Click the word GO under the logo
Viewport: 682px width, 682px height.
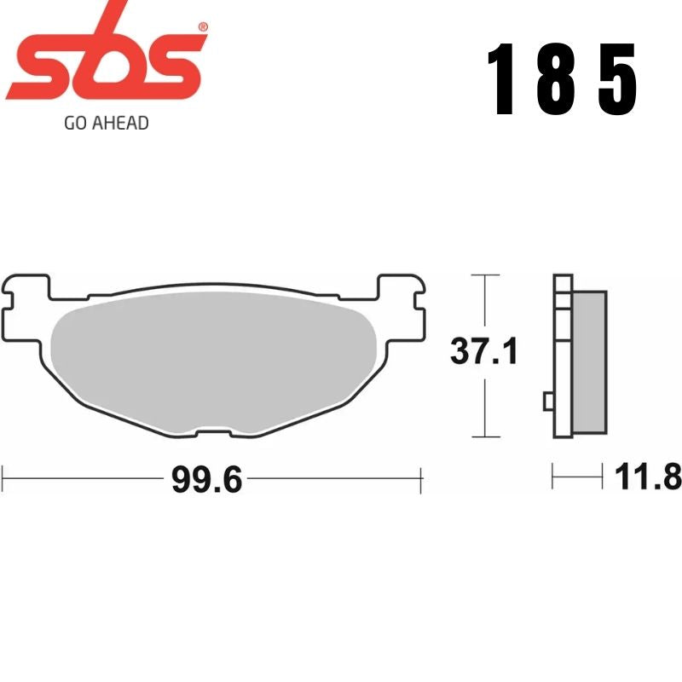coord(75,123)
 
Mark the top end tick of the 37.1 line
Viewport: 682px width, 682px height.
coord(484,275)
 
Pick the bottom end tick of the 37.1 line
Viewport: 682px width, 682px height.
coord(484,436)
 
